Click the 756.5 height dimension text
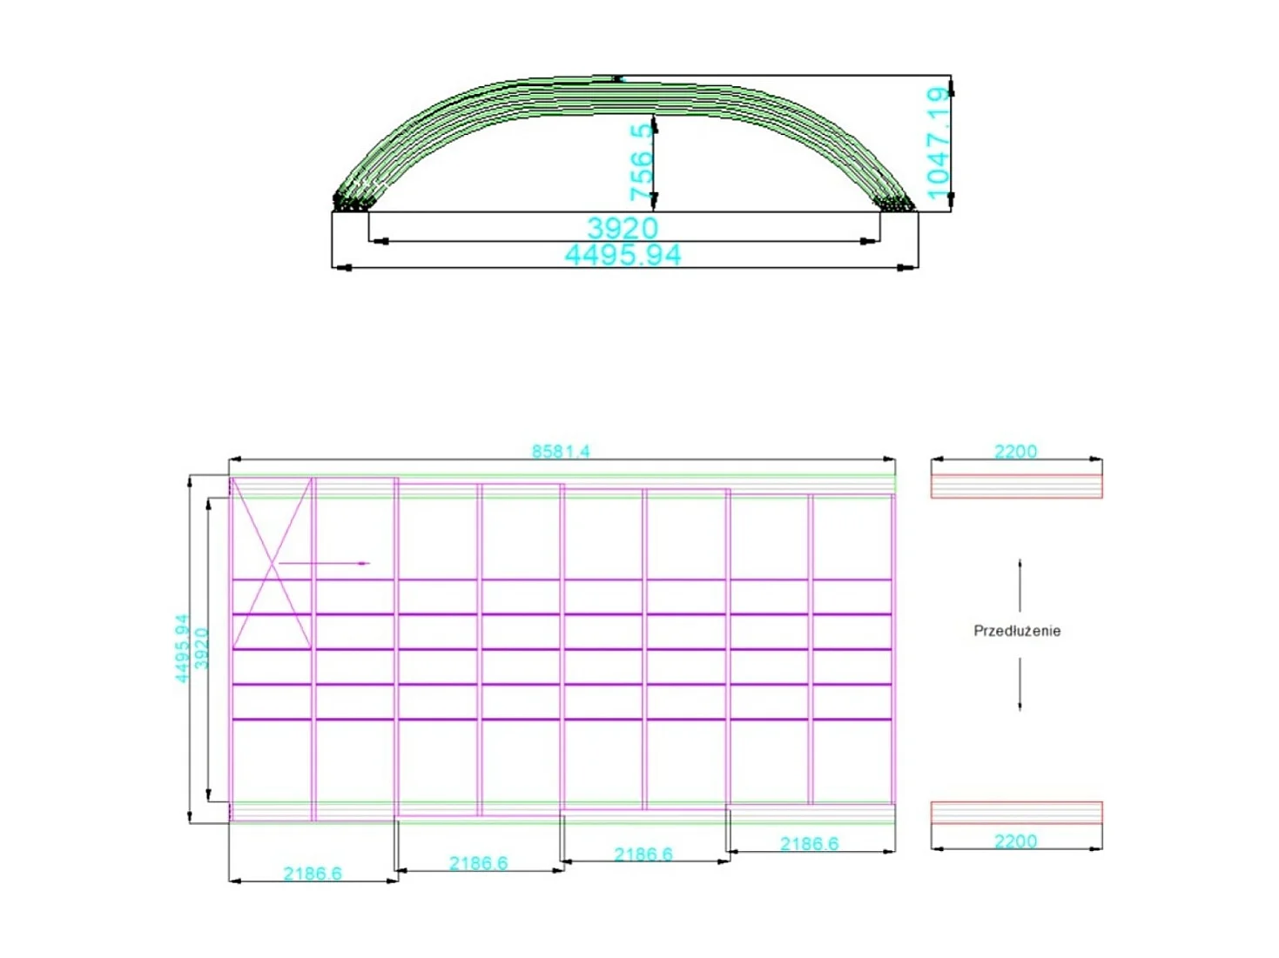pyautogui.click(x=641, y=161)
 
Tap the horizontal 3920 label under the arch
pyautogui.click(x=623, y=228)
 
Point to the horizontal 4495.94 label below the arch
pyautogui.click(x=623, y=255)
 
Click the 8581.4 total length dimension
pyautogui.click(x=561, y=451)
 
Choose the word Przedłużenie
pyautogui.click(x=1017, y=631)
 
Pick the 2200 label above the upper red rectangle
pyautogui.click(x=1015, y=451)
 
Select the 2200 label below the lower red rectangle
pyautogui.click(x=1015, y=841)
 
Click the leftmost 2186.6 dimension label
pyautogui.click(x=313, y=873)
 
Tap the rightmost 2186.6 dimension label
pyautogui.click(x=809, y=843)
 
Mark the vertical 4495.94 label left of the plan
pyautogui.click(x=182, y=648)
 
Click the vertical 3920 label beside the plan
pyautogui.click(x=202, y=648)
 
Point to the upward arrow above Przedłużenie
pyautogui.click(x=1020, y=585)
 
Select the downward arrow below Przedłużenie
pyautogui.click(x=1020, y=685)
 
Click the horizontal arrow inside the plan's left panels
pyautogui.click(x=324, y=563)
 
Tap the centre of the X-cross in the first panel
pyautogui.click(x=272, y=563)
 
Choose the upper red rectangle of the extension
pyautogui.click(x=1016, y=486)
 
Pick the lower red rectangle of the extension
pyautogui.click(x=1016, y=813)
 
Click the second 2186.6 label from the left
pyautogui.click(x=478, y=863)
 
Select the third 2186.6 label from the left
pyautogui.click(x=643, y=854)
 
